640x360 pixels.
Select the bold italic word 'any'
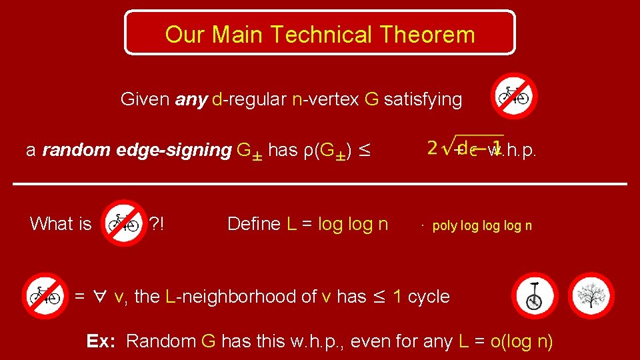pyautogui.click(x=191, y=100)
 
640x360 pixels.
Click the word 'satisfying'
pyautogui.click(x=423, y=100)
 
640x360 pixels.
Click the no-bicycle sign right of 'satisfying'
pyautogui.click(x=514, y=95)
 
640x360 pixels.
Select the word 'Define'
pyautogui.click(x=254, y=224)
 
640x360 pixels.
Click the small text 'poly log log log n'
pyautogui.click(x=481, y=225)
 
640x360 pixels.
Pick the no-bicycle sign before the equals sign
pyautogui.click(x=45, y=295)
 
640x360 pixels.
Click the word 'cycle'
pyautogui.click(x=428, y=297)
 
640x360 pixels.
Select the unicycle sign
pyautogui.click(x=534, y=295)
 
